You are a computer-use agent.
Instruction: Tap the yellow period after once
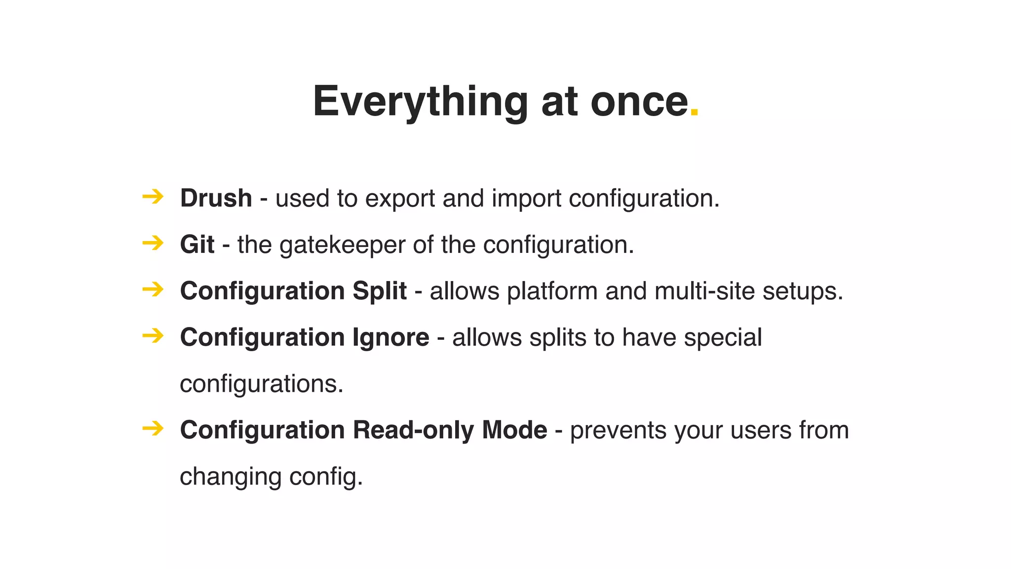click(x=694, y=114)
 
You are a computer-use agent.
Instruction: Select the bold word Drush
click(x=216, y=199)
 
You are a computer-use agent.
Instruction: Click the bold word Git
click(x=197, y=244)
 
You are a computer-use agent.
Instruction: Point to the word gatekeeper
click(x=342, y=245)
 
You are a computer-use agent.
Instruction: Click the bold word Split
click(x=379, y=291)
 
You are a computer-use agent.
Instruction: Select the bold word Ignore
click(x=390, y=337)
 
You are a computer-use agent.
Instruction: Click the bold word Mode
click(x=514, y=430)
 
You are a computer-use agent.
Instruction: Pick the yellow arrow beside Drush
click(x=153, y=197)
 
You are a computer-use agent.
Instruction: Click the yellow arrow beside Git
click(x=153, y=243)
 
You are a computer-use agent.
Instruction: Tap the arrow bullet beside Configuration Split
click(x=153, y=289)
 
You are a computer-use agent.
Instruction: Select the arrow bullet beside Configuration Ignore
click(x=153, y=336)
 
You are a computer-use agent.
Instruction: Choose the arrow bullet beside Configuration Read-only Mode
click(x=153, y=428)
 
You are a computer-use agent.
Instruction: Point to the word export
click(x=400, y=199)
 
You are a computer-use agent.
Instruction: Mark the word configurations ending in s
click(x=261, y=384)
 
